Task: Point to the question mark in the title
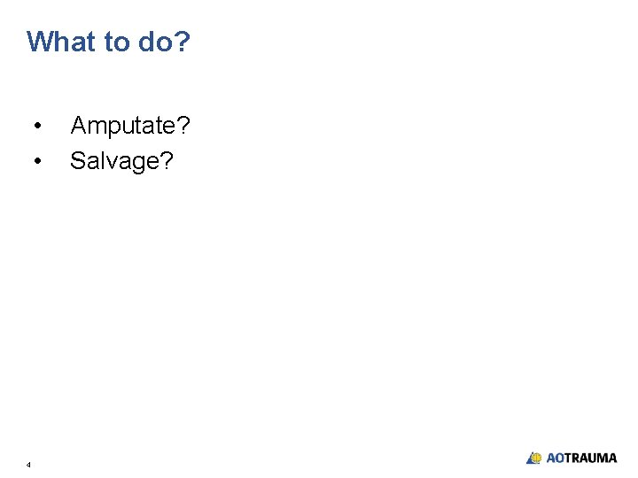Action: pos(183,42)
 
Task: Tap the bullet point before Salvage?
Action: pos(36,161)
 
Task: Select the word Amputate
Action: pos(124,127)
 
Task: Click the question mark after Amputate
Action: pos(183,126)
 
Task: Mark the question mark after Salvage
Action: pos(167,160)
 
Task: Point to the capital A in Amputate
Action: pos(78,126)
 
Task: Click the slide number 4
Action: pos(28,464)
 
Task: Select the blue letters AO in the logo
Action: pos(556,459)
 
